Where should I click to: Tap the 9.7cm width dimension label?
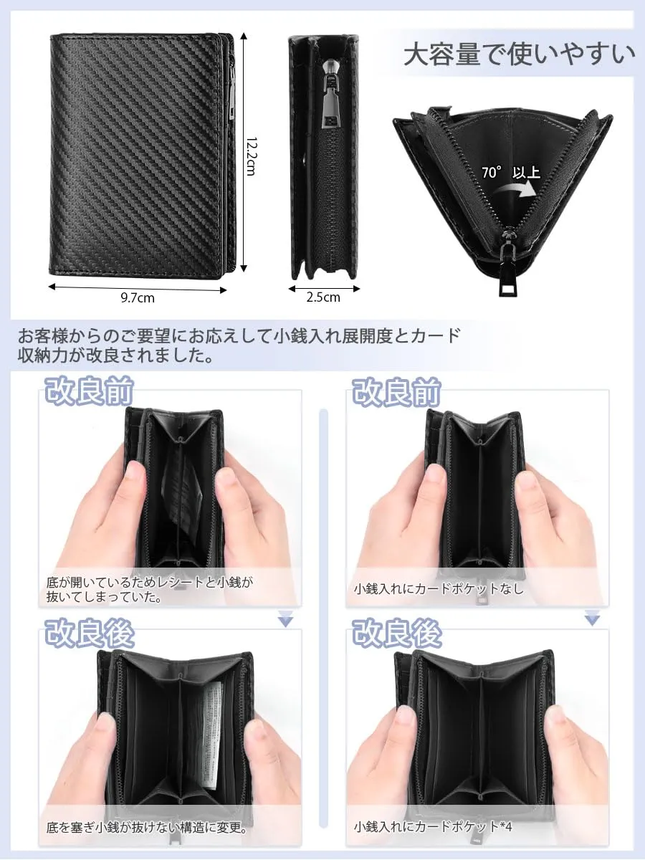click(138, 298)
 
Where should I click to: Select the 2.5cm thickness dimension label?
click(323, 297)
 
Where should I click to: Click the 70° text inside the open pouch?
click(492, 172)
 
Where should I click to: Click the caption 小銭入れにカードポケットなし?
click(439, 589)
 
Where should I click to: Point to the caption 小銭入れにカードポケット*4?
click(433, 827)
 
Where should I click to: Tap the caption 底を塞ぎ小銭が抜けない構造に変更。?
click(147, 828)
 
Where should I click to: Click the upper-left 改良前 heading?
click(90, 391)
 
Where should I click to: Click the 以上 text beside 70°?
click(526, 173)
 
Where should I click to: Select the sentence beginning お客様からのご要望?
click(239, 345)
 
